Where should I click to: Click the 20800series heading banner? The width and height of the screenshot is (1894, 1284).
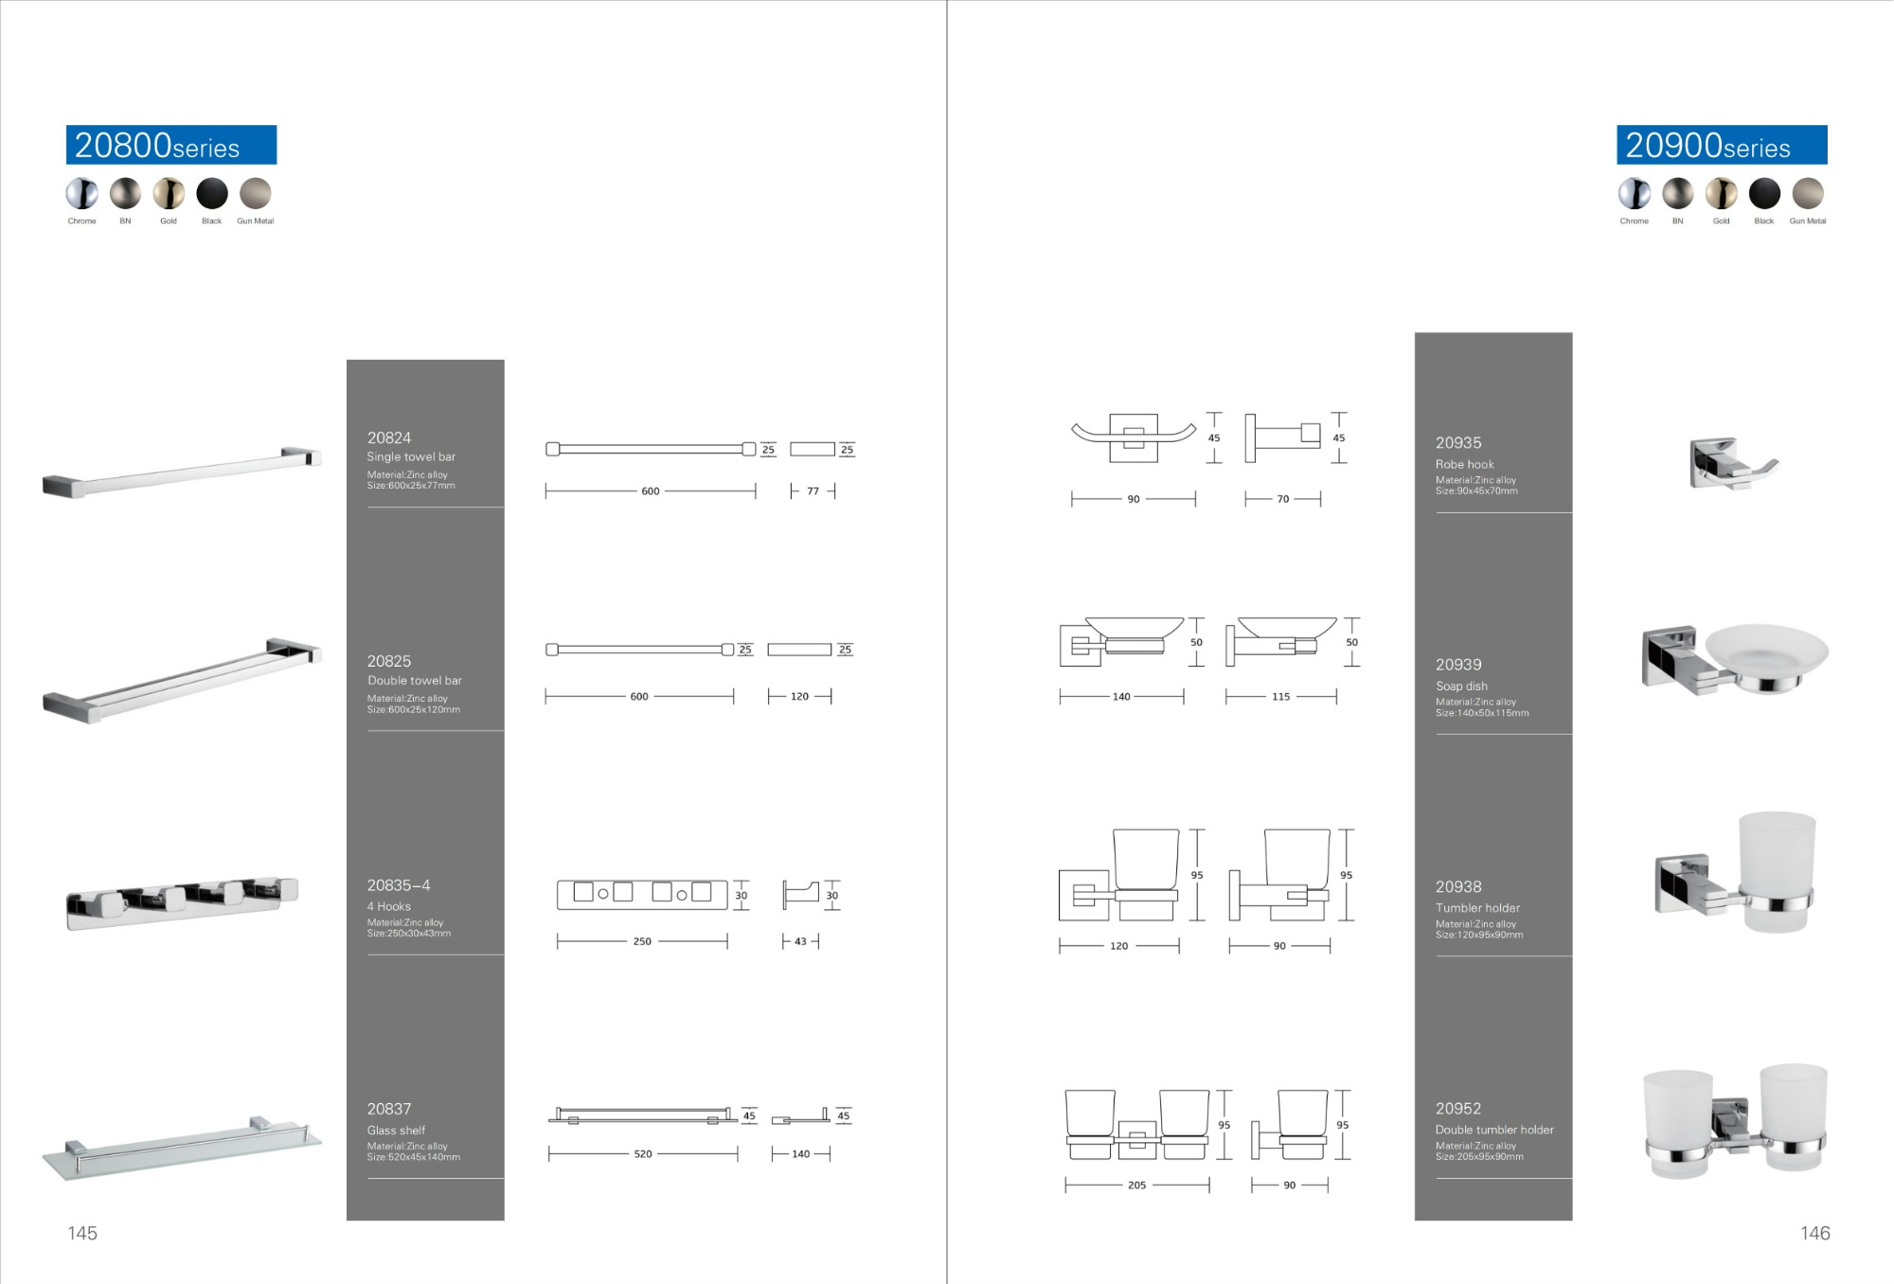click(171, 145)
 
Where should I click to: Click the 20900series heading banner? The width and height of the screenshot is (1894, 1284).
click(1721, 145)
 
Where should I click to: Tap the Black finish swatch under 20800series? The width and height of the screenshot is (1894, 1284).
click(212, 193)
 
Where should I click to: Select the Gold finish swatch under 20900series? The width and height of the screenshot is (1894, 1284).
click(1721, 193)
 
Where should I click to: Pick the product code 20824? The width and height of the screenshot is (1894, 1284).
click(389, 437)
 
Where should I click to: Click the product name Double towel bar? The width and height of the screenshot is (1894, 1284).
click(415, 680)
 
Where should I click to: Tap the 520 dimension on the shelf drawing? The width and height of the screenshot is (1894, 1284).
click(643, 1154)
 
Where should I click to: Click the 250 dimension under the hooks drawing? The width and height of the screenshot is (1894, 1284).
click(642, 941)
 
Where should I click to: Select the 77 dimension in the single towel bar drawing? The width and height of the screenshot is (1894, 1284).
click(813, 491)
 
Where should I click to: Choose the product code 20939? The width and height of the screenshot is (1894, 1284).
click(1458, 665)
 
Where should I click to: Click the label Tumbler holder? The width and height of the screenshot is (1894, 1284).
click(1477, 907)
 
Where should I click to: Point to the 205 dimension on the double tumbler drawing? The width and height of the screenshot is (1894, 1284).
click(1136, 1185)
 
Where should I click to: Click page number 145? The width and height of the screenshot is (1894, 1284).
click(82, 1233)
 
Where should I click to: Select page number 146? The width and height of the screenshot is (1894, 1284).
click(1814, 1233)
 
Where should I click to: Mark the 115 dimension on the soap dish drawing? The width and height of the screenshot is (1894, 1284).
click(1280, 697)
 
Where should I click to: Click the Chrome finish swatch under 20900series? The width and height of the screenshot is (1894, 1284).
click(1634, 193)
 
